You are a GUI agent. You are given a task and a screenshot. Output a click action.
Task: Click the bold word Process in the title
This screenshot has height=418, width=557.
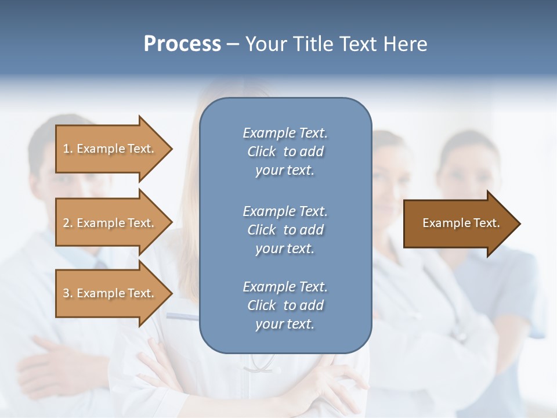click(182, 44)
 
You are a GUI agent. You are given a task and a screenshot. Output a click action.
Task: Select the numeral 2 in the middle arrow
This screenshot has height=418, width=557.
click(66, 223)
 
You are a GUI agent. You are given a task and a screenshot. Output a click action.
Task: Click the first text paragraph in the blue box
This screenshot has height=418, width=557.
click(285, 152)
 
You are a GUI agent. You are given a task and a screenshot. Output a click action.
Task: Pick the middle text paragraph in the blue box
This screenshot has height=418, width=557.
click(285, 229)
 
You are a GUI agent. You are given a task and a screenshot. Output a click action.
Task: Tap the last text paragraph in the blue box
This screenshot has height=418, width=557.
click(285, 305)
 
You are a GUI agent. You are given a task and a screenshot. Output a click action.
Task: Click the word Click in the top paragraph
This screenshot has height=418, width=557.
click(261, 152)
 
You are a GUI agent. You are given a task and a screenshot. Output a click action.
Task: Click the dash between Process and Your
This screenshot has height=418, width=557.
click(233, 44)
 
